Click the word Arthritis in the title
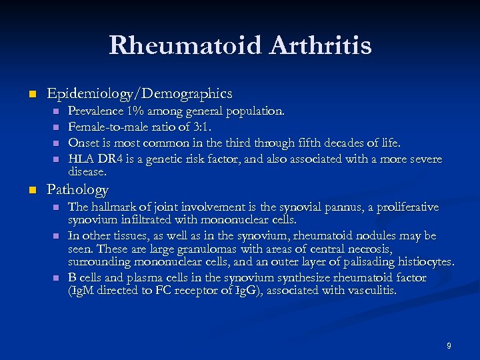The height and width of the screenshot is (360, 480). (320, 45)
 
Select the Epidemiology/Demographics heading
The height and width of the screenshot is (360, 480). (139, 93)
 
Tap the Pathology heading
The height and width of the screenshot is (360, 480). (77, 190)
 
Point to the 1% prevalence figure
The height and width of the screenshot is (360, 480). (137, 110)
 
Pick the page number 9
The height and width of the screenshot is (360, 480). (449, 345)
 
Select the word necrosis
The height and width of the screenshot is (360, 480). (360, 249)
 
